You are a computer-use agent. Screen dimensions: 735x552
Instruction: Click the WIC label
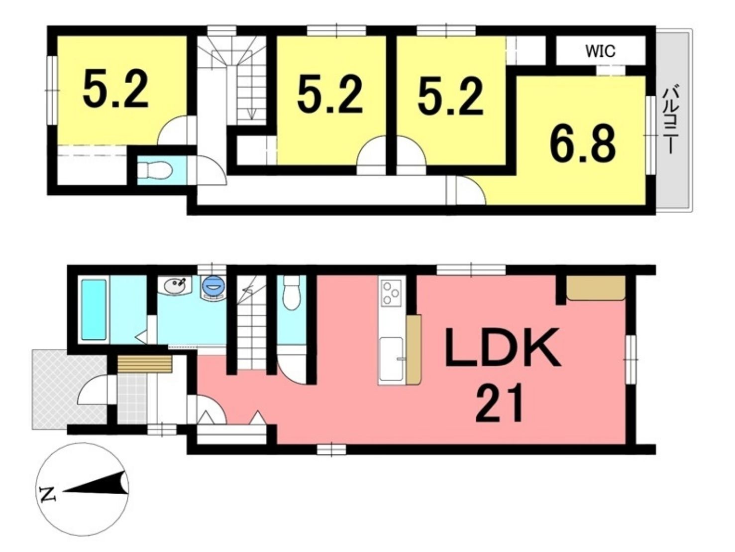pos(600,51)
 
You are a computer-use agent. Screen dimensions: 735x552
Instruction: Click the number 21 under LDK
pos(499,404)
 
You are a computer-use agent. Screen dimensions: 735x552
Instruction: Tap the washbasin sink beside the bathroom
pos(174,286)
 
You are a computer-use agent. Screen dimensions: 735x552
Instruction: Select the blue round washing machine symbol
pos(212,286)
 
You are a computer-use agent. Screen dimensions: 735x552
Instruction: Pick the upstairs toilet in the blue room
pos(154,170)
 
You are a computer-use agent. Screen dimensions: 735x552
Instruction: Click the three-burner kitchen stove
pos(391,292)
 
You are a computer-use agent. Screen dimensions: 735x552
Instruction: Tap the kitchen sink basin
pos(391,359)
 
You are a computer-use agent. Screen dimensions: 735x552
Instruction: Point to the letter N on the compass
pos(47,494)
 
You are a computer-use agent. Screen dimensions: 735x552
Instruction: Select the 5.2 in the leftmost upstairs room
pos(115,90)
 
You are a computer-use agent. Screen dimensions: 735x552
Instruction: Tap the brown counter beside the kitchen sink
pos(414,349)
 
